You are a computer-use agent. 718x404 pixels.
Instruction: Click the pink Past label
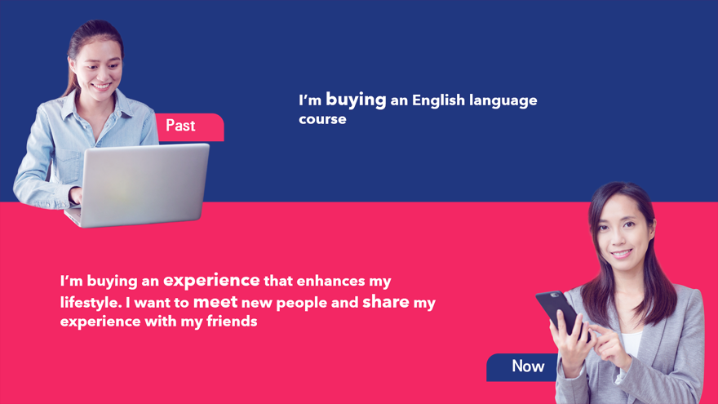tap(190, 127)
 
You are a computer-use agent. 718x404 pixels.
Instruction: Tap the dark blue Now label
tap(523, 367)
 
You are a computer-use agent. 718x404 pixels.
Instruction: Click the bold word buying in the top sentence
tap(356, 100)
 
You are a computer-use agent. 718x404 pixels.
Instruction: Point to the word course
tap(322, 119)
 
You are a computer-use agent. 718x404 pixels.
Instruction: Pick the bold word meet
tap(215, 302)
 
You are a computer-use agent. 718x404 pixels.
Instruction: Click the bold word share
tap(386, 301)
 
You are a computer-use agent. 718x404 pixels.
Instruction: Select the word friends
tap(232, 321)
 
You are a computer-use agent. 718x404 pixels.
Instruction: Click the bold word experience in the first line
tap(211, 280)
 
